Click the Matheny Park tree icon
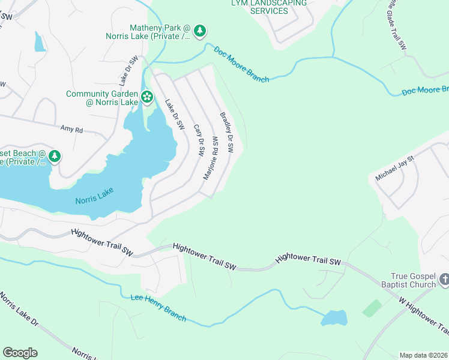(200, 30)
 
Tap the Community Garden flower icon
(146, 97)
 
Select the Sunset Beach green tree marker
(55, 157)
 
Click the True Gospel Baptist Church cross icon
(444, 278)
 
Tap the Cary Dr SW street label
(199, 141)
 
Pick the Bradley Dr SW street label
(226, 132)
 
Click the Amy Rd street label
(71, 128)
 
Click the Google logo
(20, 353)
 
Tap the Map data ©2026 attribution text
(424, 355)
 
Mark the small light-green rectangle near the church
(372, 308)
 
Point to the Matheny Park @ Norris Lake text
(161, 32)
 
